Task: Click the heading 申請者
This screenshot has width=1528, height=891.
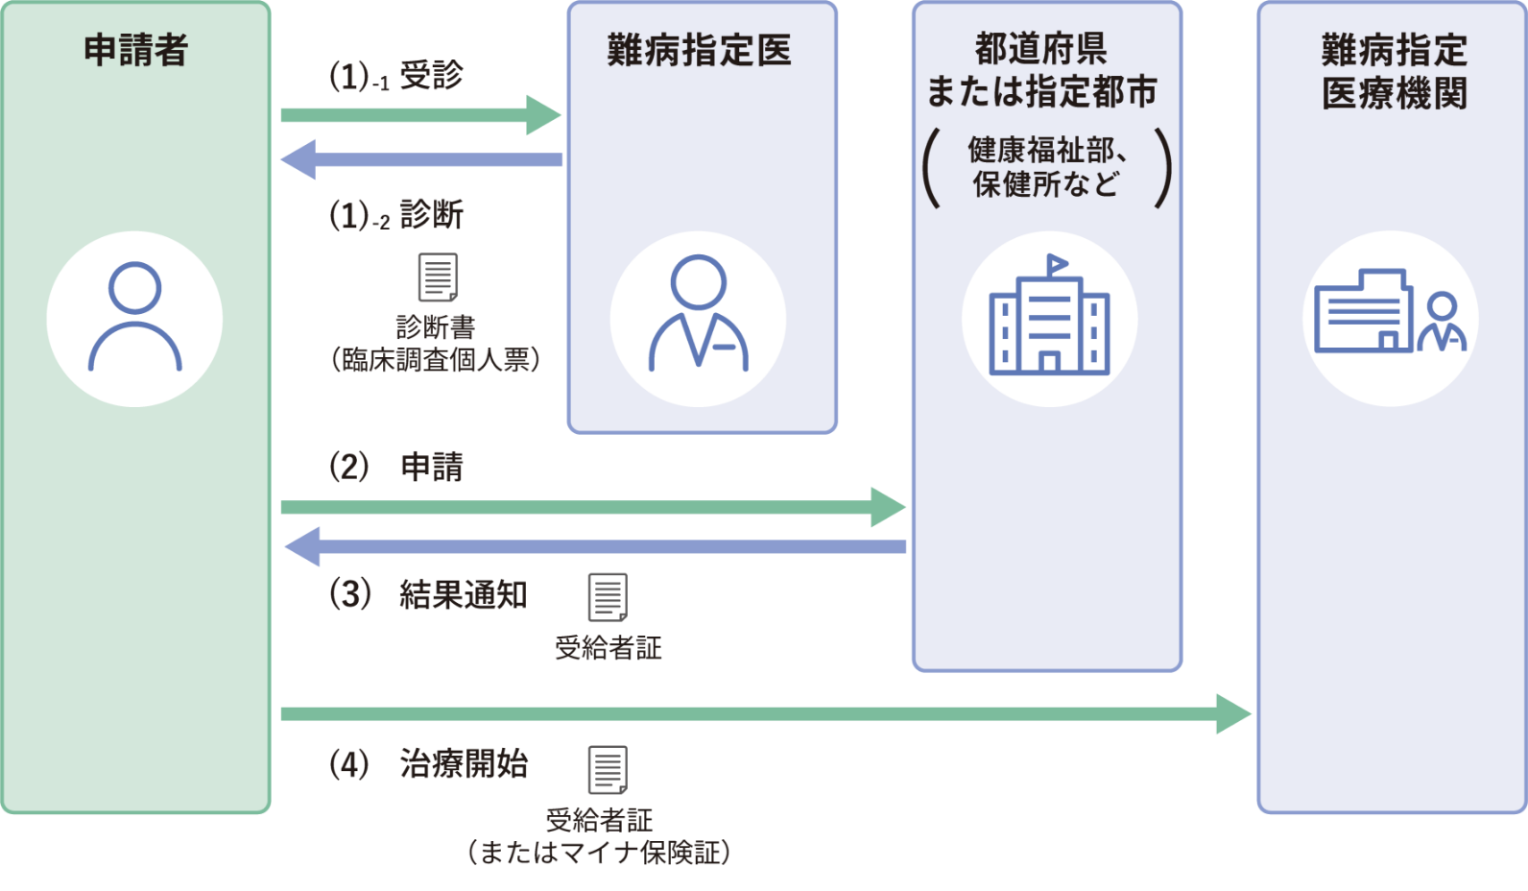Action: (135, 51)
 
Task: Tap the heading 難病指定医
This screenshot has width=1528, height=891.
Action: (699, 51)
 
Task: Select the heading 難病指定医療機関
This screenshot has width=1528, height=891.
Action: (1394, 72)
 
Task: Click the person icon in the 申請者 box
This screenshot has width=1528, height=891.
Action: (135, 317)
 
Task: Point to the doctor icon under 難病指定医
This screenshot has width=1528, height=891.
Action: (698, 314)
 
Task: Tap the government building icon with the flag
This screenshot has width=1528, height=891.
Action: (1049, 315)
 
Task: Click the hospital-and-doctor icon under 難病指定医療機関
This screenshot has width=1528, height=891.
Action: (1390, 311)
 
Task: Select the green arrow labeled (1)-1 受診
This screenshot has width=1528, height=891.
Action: (421, 115)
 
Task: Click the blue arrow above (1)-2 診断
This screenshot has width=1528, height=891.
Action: (421, 159)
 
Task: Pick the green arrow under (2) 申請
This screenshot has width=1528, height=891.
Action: (593, 507)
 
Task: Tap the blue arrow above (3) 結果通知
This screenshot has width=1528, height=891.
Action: (595, 546)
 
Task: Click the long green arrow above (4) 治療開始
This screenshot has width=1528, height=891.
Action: (766, 714)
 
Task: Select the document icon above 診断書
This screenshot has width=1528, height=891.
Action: (438, 277)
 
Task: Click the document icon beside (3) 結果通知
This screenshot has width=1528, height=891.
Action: (608, 597)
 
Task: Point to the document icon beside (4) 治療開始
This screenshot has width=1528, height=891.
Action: (608, 770)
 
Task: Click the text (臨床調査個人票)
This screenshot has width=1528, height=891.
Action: (435, 360)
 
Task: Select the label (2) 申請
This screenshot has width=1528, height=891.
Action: (396, 468)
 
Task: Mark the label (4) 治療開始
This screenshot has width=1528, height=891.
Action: (428, 764)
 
